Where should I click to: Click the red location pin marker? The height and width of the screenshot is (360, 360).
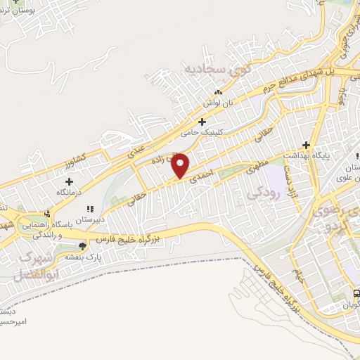pos(181,165)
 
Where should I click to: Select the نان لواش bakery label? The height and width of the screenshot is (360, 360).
pos(218,102)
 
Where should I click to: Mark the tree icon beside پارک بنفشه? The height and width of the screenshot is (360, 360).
pos(83,246)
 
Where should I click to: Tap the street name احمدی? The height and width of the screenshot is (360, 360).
pos(201,179)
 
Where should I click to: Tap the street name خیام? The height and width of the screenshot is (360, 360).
pos(299,275)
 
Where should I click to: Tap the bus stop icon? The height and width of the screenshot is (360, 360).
pos(356,293)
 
